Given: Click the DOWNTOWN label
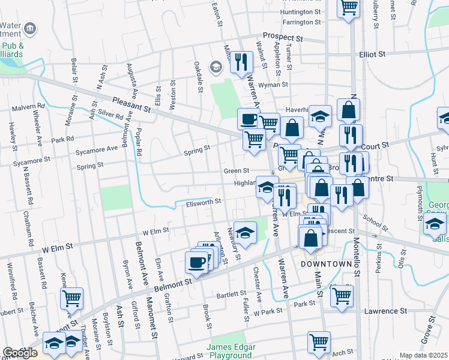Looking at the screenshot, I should (325, 264).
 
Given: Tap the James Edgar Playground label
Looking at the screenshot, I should (231, 351).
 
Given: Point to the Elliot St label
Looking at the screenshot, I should (372, 54).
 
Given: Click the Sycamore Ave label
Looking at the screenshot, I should (97, 149).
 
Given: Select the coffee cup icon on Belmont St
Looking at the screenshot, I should (196, 262).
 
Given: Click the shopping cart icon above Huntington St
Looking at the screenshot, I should (349, 7).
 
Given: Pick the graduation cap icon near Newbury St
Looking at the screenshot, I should (245, 232).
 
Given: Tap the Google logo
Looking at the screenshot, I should (20, 353).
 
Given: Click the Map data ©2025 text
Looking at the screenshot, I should (423, 355).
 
